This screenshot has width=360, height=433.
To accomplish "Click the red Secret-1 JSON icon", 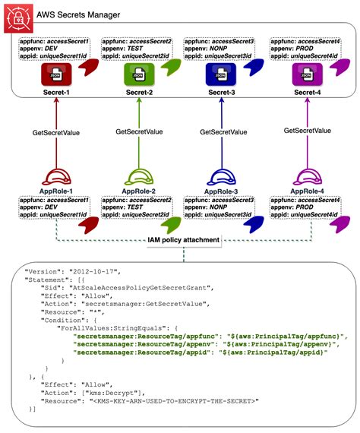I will (55, 75).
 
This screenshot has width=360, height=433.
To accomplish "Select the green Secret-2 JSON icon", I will (137, 75).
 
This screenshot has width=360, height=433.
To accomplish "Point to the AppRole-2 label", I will (137, 191).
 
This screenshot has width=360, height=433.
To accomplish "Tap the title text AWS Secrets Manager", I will (68, 14).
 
